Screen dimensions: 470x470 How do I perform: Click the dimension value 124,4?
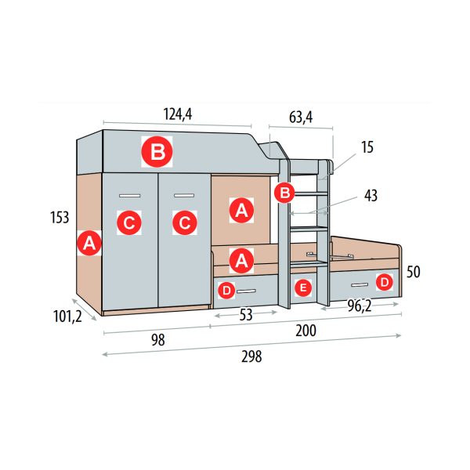pos(178,114)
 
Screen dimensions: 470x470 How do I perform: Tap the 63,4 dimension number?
pos(301,117)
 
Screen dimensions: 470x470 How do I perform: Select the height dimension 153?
pos(60,217)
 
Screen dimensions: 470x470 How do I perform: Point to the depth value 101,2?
pos(67,316)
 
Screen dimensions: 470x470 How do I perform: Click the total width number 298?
pos(251,356)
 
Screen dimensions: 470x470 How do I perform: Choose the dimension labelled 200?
pos(305,331)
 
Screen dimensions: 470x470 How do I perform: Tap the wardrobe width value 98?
pos(158,340)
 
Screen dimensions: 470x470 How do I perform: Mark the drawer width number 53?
pos(246,315)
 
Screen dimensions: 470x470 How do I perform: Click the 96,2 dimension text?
pos(360,306)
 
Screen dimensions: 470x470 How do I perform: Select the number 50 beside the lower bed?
pos(414,272)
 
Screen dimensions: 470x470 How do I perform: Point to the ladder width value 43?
pos(371,195)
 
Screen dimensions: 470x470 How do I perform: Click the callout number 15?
pos(367,147)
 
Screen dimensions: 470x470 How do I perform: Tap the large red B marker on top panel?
pos(157,152)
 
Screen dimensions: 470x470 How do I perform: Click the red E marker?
pos(303,287)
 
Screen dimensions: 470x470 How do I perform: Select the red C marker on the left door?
pos(129,222)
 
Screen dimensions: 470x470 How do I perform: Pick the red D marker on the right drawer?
pos(385,282)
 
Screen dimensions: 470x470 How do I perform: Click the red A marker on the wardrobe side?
pos(89,243)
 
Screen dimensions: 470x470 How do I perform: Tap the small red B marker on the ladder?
pos(284,193)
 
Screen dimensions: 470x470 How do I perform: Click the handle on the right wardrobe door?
pos(184,196)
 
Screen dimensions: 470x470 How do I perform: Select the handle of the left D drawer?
pos(246,291)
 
